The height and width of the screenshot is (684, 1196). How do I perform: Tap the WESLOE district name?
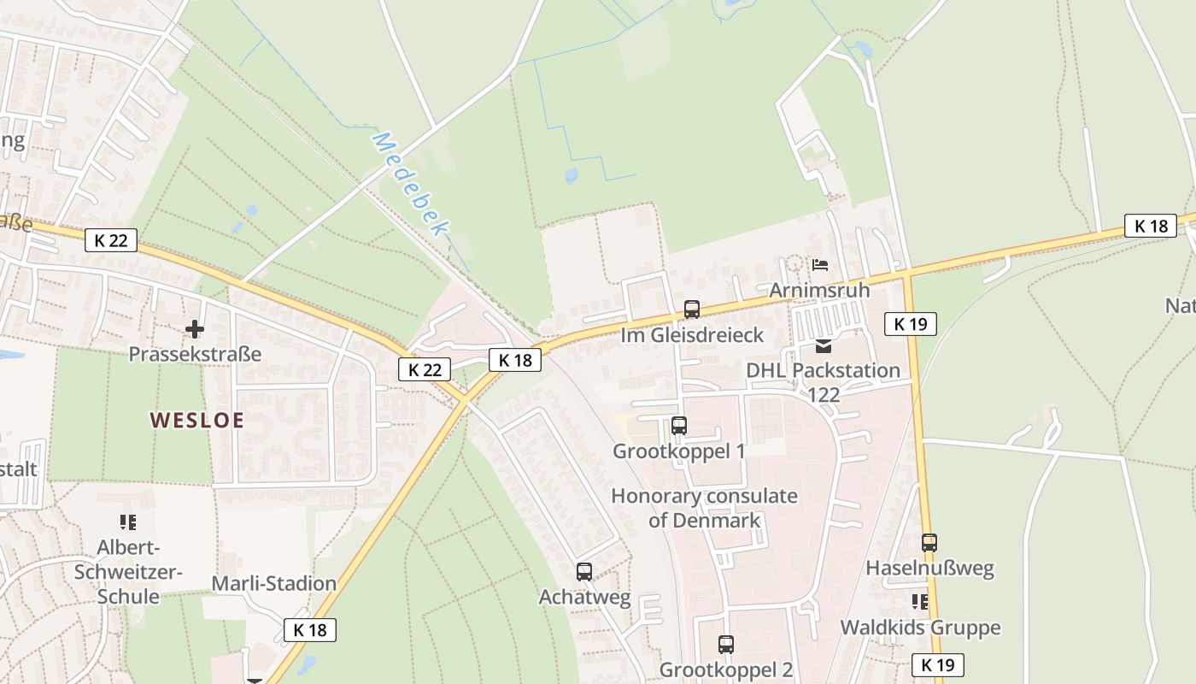197,420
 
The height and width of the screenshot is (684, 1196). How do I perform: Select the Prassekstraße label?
195,353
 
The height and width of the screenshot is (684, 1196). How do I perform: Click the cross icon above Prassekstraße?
195,328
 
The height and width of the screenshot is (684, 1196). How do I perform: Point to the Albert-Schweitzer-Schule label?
128,571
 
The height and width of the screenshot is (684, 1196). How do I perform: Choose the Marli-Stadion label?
274,583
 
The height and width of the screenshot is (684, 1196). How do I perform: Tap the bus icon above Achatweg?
584,572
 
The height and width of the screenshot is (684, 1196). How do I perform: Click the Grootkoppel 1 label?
679,451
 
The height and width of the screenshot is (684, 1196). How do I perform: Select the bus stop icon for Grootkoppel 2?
726,645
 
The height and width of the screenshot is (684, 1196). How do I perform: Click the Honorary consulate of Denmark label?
705,507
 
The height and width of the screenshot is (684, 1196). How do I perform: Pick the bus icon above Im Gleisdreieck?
692,310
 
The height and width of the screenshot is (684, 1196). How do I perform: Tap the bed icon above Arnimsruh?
820,265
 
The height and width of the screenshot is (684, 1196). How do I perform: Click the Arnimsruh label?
819,290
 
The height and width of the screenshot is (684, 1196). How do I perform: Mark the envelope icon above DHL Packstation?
824,346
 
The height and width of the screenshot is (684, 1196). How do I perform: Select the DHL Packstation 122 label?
824,381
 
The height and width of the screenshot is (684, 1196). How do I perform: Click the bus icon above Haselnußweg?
929,542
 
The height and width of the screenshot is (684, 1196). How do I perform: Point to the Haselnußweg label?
929,568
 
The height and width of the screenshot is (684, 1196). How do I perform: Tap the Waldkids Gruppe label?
920,628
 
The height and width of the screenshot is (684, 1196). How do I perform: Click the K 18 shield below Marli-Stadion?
310,630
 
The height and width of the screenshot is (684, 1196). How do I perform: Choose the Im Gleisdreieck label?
692,334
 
